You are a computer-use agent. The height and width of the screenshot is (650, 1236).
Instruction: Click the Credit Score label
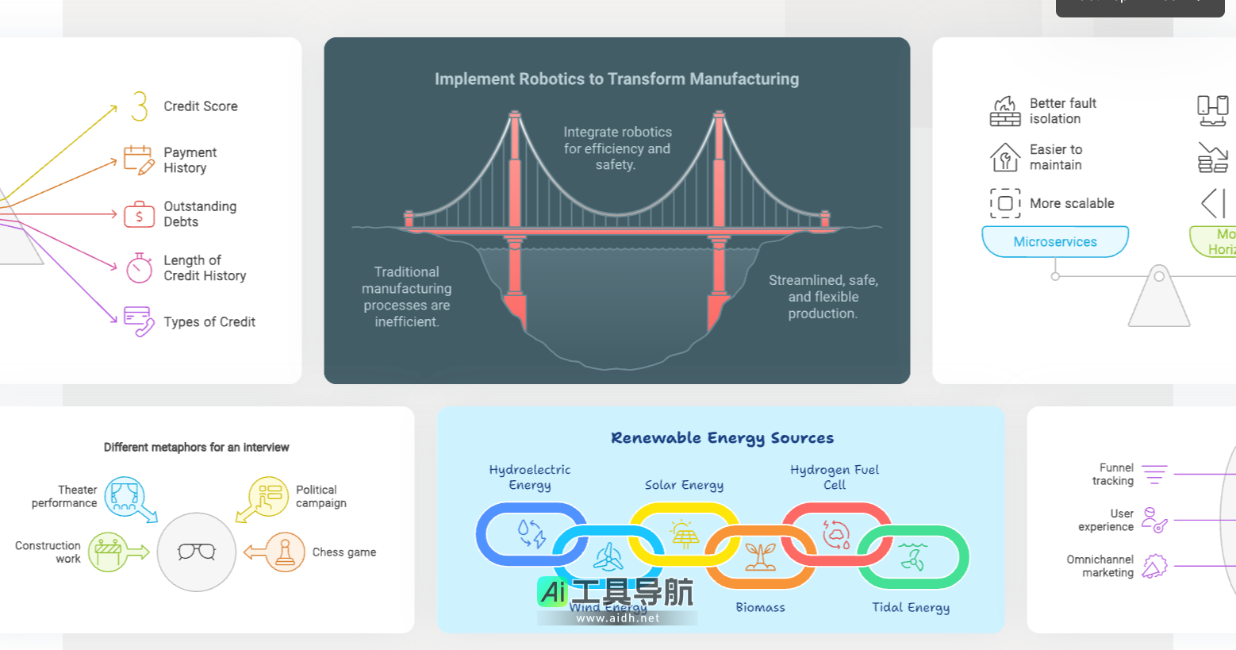pyautogui.click(x=200, y=106)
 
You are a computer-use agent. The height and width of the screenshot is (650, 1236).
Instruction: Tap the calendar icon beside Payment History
pyautogui.click(x=139, y=160)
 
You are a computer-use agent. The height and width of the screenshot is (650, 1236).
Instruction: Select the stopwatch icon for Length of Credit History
pyautogui.click(x=139, y=268)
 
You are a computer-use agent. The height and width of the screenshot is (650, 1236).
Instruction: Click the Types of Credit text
pyautogui.click(x=209, y=321)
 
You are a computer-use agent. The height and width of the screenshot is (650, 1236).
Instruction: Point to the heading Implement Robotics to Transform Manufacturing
pyautogui.click(x=616, y=79)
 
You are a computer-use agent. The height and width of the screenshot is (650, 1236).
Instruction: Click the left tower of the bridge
pyautogui.click(x=515, y=206)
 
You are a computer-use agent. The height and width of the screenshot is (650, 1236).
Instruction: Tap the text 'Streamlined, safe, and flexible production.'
pyautogui.click(x=823, y=297)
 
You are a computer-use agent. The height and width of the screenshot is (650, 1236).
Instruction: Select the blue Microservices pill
pyautogui.click(x=1054, y=242)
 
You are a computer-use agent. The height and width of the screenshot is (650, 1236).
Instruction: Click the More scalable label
pyautogui.click(x=1071, y=203)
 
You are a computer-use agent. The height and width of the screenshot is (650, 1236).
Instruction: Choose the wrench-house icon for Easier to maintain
pyautogui.click(x=1005, y=157)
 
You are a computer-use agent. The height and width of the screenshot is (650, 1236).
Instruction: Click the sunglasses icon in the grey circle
pyautogui.click(x=197, y=552)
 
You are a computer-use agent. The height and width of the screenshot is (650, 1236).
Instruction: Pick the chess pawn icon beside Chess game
pyautogui.click(x=284, y=552)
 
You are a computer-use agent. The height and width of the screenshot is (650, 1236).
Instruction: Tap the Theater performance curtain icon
pyautogui.click(x=125, y=496)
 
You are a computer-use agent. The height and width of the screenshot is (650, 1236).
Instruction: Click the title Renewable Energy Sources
pyautogui.click(x=722, y=438)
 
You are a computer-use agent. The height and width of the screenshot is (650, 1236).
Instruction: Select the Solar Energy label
pyautogui.click(x=684, y=485)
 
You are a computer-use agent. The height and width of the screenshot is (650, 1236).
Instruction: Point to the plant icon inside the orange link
pyautogui.click(x=760, y=557)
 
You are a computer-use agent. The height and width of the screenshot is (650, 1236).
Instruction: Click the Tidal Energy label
pyautogui.click(x=911, y=607)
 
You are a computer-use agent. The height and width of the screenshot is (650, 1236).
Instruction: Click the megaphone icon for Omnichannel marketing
pyautogui.click(x=1154, y=566)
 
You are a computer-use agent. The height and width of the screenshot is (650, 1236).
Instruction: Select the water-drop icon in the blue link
pyautogui.click(x=531, y=533)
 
